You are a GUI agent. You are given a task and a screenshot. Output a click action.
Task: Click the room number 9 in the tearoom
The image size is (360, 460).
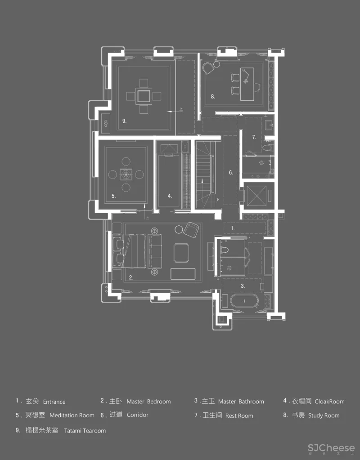[124, 121]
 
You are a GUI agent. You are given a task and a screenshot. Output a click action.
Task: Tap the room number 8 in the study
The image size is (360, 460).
[213, 97]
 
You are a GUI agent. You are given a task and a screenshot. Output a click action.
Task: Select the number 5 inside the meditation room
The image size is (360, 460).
[114, 196]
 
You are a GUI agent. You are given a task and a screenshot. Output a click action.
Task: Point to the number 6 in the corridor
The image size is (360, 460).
[231, 172]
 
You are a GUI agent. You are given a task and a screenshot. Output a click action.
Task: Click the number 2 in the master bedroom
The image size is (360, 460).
[130, 277]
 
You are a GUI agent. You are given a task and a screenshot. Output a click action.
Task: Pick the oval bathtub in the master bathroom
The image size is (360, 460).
[244, 301]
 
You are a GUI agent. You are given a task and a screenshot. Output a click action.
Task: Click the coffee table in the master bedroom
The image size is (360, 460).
[181, 252]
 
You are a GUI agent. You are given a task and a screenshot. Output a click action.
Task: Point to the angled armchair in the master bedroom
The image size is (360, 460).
[192, 230]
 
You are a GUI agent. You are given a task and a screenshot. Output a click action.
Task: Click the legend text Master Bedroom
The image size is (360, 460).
[148, 401]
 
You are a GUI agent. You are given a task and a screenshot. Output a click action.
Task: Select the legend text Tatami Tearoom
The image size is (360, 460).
[85, 430]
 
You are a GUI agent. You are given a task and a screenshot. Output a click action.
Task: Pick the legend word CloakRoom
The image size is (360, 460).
[329, 401]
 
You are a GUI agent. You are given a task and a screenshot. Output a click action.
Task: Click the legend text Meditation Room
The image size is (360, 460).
[72, 415]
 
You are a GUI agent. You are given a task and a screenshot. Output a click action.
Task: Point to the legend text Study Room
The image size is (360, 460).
[324, 415]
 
